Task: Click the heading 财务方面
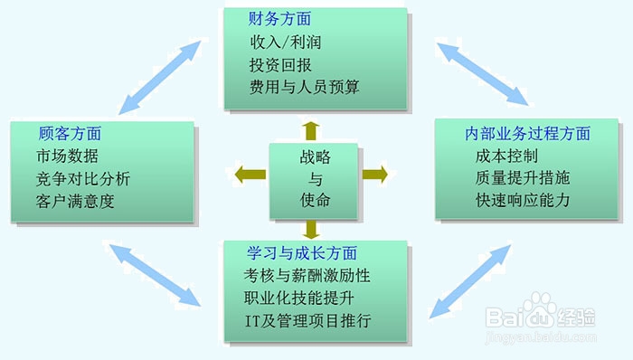click(x=280, y=18)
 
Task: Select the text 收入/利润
click(x=286, y=42)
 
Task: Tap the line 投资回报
click(x=280, y=64)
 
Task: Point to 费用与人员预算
click(x=305, y=87)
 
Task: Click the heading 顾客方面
click(x=70, y=132)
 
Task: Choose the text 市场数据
click(x=68, y=155)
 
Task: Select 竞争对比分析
click(x=84, y=177)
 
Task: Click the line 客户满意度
click(x=76, y=200)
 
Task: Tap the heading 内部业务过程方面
click(x=528, y=133)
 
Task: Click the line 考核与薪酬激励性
click(x=307, y=275)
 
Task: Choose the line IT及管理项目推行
click(x=307, y=320)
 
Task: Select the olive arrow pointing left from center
click(x=249, y=174)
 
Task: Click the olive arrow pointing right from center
click(x=373, y=174)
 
